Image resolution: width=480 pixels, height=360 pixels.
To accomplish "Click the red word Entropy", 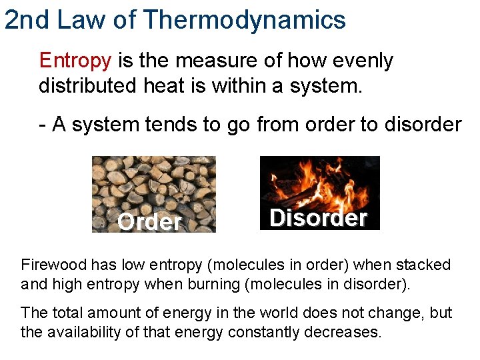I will point(75,61).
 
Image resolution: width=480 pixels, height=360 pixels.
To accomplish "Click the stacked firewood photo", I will point(153,187).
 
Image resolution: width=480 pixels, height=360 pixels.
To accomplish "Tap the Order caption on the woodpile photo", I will point(149,221).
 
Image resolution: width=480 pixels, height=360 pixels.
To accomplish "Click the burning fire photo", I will point(319,183).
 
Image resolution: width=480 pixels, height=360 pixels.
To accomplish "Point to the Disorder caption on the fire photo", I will point(319,218).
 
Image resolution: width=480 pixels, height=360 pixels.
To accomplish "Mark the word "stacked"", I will point(425,265).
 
